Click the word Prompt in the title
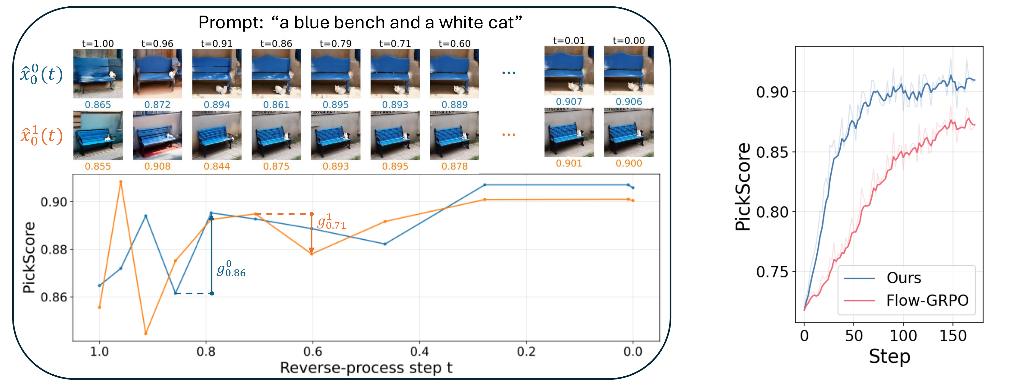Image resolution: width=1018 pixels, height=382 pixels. pyautogui.click(x=230, y=23)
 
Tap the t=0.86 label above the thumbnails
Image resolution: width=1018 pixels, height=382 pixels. pyautogui.click(x=276, y=44)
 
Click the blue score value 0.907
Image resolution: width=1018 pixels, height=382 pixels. pyautogui.click(x=569, y=102)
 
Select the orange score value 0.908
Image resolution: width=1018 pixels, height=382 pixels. pyautogui.click(x=157, y=167)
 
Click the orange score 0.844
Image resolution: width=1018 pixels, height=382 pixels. pyautogui.click(x=217, y=167)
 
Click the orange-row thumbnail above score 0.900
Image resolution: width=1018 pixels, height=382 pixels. pyautogui.click(x=628, y=132)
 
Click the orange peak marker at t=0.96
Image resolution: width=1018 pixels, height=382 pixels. pyautogui.click(x=121, y=182)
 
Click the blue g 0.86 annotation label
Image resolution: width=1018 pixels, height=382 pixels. pyautogui.click(x=231, y=269)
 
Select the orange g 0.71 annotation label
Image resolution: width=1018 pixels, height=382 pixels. pyautogui.click(x=331, y=222)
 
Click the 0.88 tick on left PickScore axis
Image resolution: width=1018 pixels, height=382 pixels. pyautogui.click(x=54, y=250)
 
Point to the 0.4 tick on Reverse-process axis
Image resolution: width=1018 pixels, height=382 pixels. pyautogui.click(x=419, y=351)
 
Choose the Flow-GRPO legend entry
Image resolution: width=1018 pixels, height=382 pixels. pyautogui.click(x=927, y=301)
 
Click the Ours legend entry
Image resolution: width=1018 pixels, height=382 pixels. pyautogui.click(x=903, y=278)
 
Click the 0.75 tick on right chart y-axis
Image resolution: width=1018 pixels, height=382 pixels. pyautogui.click(x=772, y=272)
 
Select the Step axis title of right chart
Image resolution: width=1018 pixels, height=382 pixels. pyautogui.click(x=889, y=357)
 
